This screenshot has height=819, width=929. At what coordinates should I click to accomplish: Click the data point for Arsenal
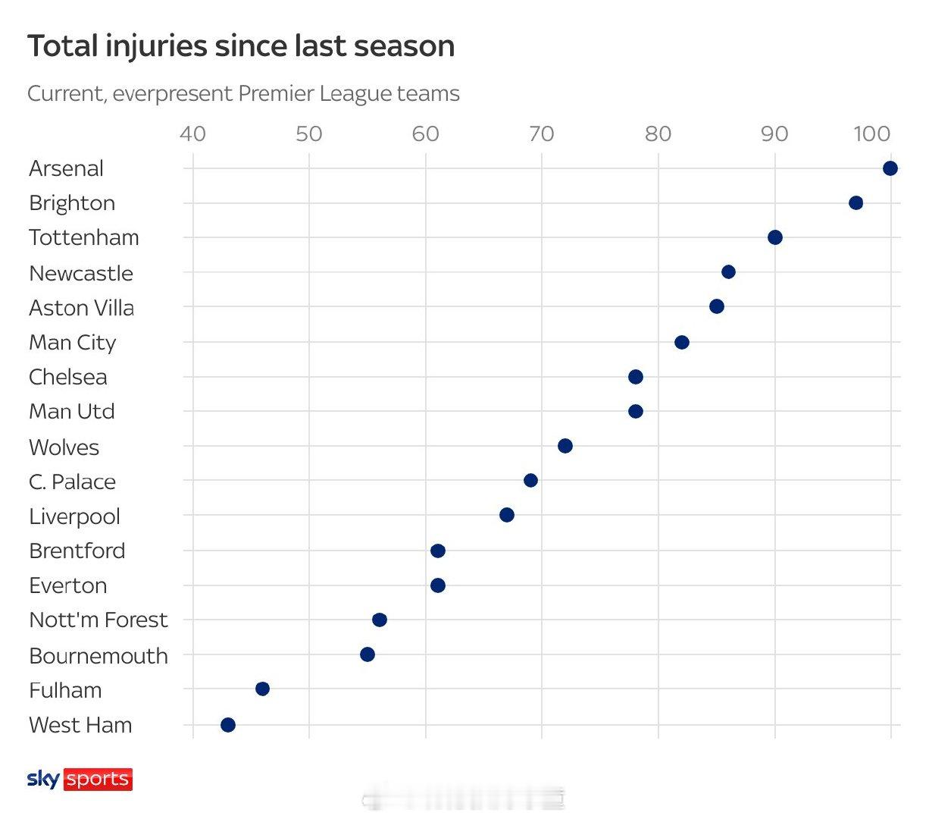click(890, 168)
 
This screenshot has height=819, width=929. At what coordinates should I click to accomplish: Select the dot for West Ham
click(228, 725)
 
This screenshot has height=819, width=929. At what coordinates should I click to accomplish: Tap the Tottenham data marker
click(774, 237)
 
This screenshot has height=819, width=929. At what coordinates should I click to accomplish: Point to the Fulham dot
click(262, 689)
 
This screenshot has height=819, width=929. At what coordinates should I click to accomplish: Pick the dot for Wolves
click(565, 446)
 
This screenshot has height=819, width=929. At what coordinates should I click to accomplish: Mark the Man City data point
click(682, 342)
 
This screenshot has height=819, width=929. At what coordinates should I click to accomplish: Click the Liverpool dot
click(507, 515)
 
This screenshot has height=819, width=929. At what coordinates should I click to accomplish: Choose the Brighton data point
click(855, 202)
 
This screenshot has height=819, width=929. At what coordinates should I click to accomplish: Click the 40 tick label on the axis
click(192, 134)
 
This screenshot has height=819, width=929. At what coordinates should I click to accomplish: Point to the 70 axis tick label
click(541, 134)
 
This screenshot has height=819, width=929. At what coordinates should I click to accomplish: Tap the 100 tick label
click(871, 134)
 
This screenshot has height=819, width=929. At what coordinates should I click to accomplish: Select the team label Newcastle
click(80, 273)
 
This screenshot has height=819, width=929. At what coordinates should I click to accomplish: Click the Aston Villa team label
click(81, 308)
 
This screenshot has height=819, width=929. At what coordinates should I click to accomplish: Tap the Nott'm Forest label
click(98, 620)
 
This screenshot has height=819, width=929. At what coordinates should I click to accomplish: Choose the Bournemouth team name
click(98, 655)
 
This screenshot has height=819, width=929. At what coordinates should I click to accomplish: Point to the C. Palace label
click(72, 482)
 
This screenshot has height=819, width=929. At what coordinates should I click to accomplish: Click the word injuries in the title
click(155, 46)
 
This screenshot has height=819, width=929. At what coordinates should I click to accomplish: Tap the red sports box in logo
click(98, 779)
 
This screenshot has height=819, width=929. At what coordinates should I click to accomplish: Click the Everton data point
click(437, 585)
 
